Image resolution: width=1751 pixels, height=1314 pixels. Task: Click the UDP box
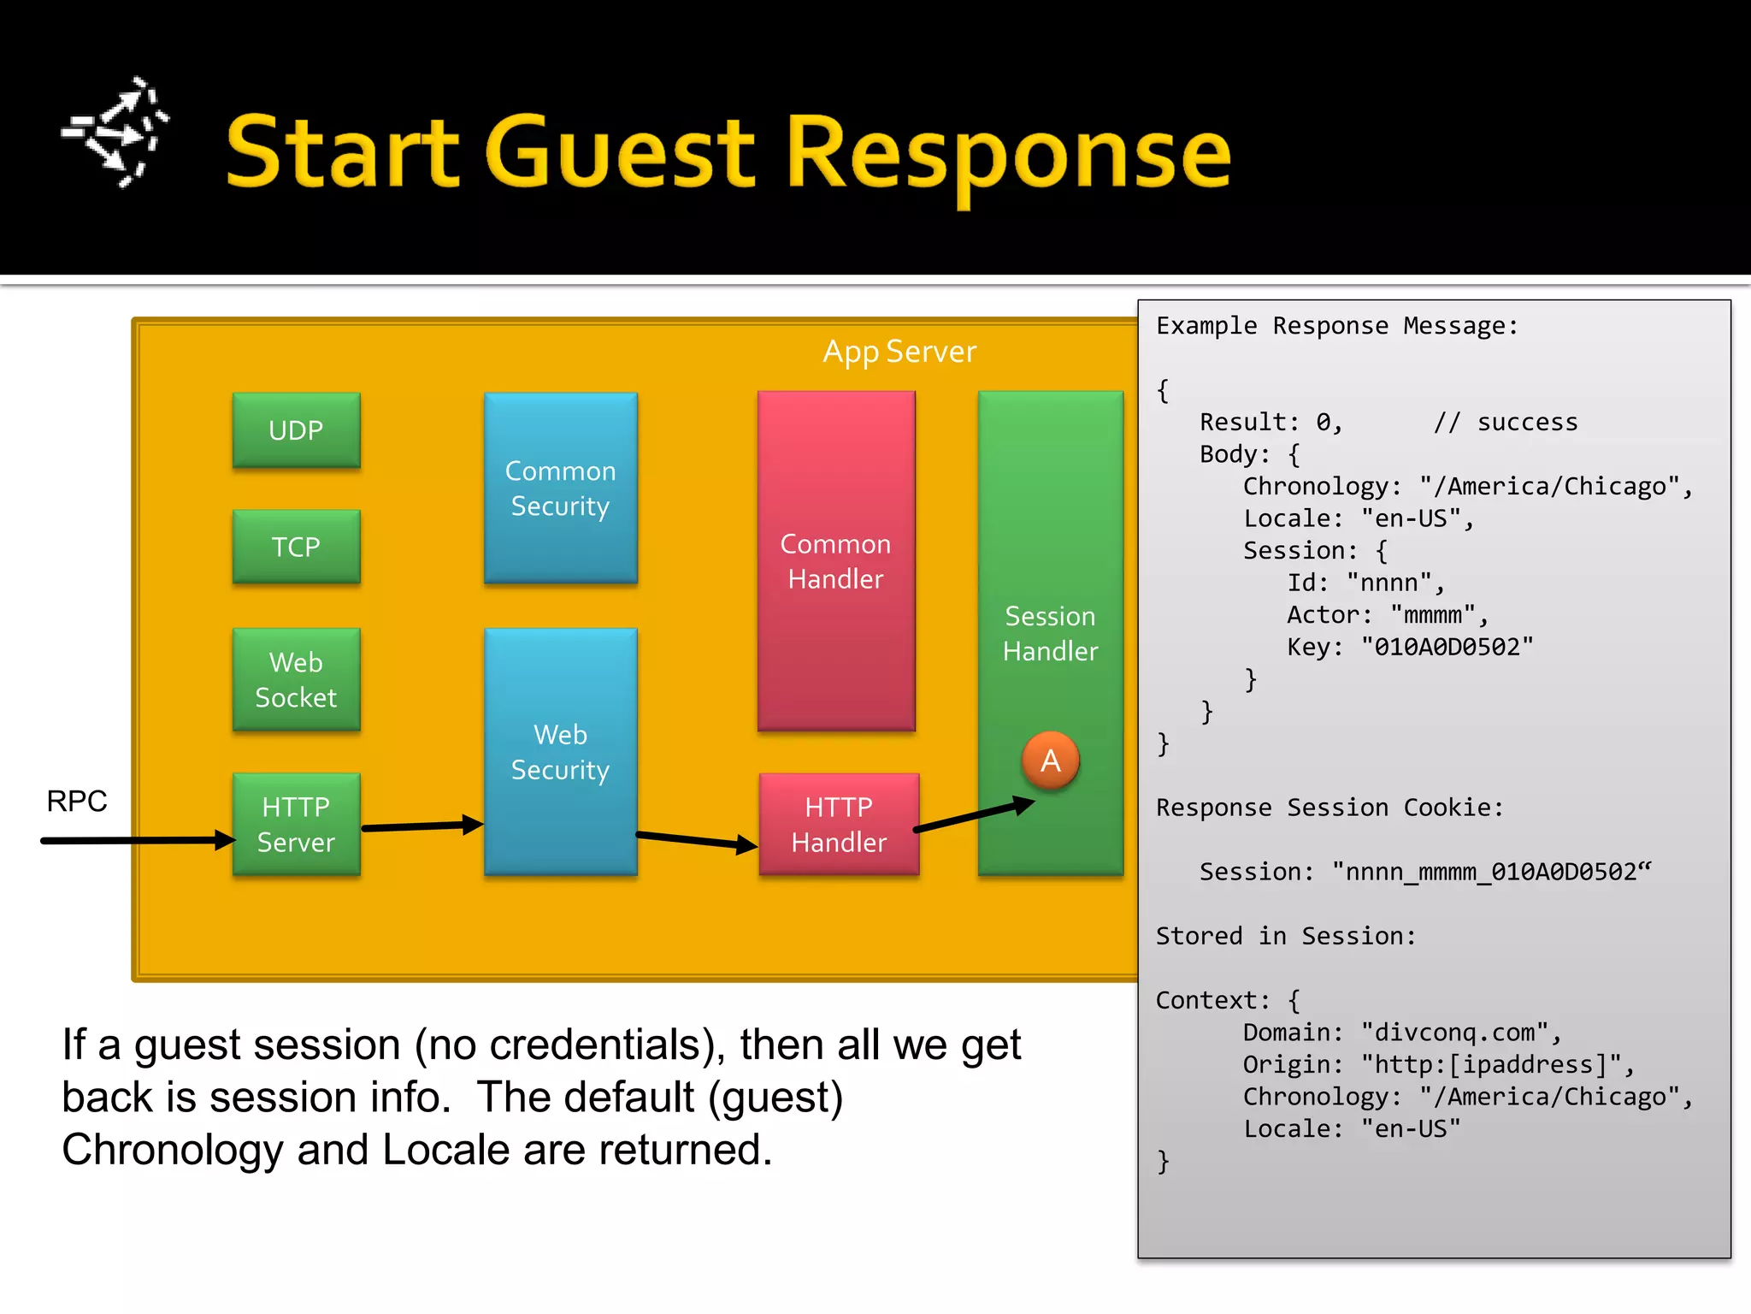pyautogui.click(x=296, y=430)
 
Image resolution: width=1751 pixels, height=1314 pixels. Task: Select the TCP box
pyautogui.click(x=296, y=547)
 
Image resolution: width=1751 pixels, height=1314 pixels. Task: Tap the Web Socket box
pyautogui.click(x=296, y=679)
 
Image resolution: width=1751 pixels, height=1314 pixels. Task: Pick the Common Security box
pyautogui.click(x=560, y=488)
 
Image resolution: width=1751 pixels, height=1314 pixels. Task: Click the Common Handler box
pyautogui.click(x=835, y=561)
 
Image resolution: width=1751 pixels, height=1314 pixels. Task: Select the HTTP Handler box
pyautogui.click(x=838, y=825)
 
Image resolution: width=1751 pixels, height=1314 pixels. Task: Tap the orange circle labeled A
pyautogui.click(x=1050, y=761)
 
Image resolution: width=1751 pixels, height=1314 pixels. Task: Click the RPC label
pyautogui.click(x=77, y=802)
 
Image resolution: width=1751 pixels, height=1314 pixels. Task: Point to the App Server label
pyautogui.click(x=899, y=352)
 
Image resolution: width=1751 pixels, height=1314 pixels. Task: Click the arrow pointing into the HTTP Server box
pyautogui.click(x=137, y=840)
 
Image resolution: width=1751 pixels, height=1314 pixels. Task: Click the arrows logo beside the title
pyautogui.click(x=116, y=133)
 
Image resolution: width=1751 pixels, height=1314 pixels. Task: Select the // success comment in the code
pyautogui.click(x=1506, y=423)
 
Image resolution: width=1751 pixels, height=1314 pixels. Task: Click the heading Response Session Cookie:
pyautogui.click(x=1329, y=808)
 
